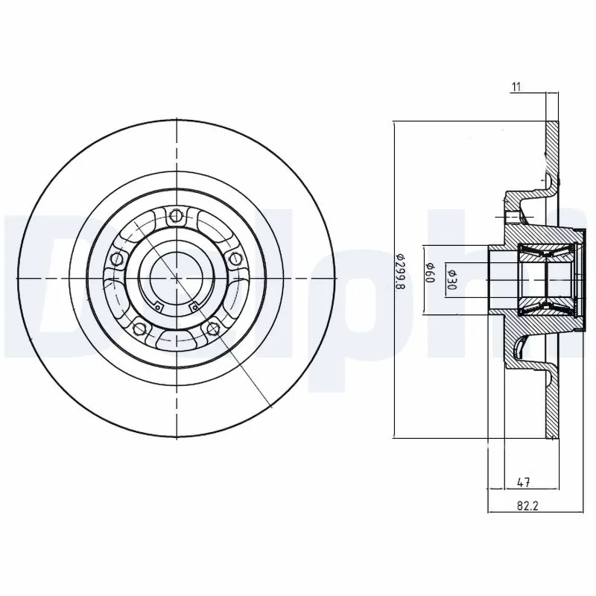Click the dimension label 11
515,87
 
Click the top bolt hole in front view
176,217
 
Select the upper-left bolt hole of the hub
117,259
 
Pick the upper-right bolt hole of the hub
235,259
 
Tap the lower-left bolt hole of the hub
139,328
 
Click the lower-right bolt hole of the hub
213,328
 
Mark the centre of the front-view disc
176,278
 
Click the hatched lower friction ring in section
551,406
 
